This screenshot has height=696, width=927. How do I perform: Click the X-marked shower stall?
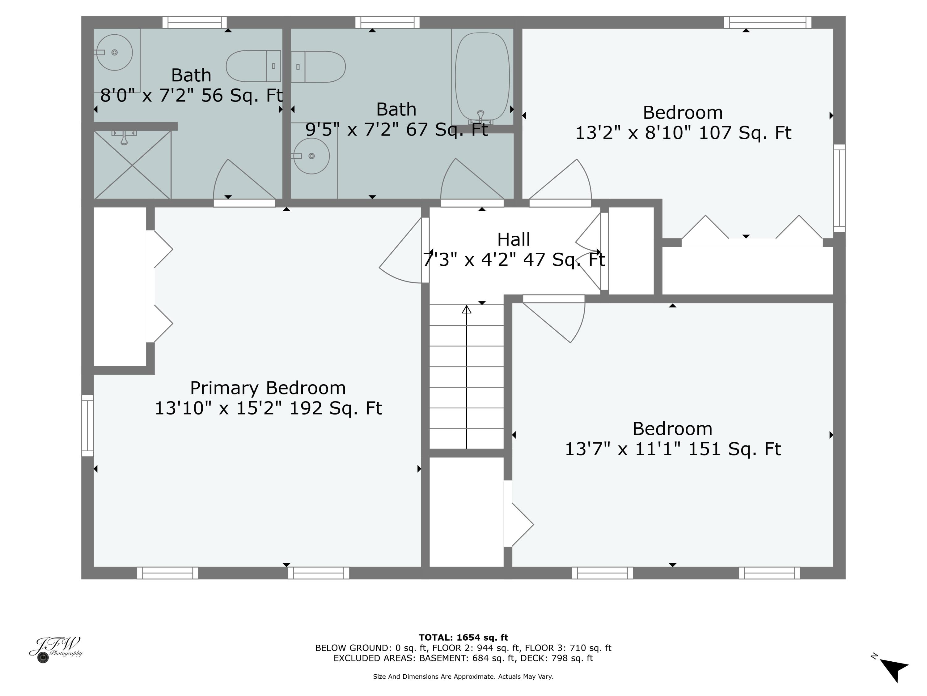click(x=133, y=165)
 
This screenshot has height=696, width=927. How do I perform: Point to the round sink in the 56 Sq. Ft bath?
click(x=114, y=53)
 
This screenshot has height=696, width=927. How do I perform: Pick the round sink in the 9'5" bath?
click(x=311, y=156)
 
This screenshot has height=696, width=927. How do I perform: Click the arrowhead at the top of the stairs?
click(x=466, y=310)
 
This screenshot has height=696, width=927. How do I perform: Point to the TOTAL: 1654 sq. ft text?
click(x=463, y=638)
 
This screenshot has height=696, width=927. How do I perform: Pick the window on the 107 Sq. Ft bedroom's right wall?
click(x=839, y=188)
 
